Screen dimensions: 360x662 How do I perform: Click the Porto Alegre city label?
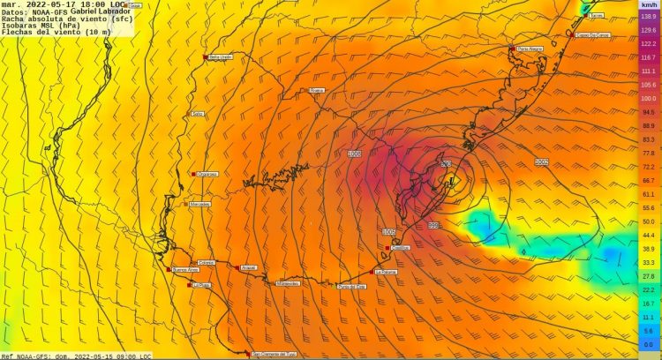tap(530, 49)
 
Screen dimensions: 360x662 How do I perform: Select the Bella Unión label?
tap(221, 57)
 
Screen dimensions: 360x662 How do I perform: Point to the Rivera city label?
tap(318, 90)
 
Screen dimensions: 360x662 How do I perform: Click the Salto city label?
tap(198, 114)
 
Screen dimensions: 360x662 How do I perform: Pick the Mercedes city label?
tap(199, 204)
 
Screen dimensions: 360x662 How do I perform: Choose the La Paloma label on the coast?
tap(385, 272)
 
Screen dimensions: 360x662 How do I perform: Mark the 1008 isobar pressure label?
tap(355, 154)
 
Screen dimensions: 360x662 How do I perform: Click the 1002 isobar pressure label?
tap(541, 162)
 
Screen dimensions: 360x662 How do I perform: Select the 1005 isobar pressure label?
tap(388, 231)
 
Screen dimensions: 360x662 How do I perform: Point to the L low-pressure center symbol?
tap(450, 183)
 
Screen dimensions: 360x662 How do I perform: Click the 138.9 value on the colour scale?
tap(648, 18)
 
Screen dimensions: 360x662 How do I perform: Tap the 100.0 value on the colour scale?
tap(648, 99)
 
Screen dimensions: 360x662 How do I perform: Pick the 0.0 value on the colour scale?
tap(648, 344)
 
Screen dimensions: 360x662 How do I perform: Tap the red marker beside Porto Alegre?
tap(512, 48)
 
